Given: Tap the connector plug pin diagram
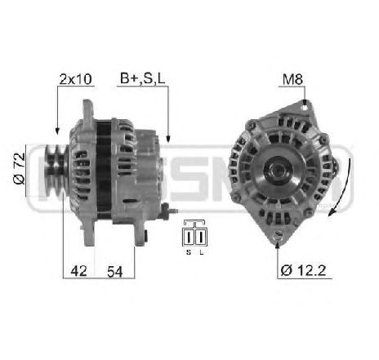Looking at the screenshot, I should pos(194,234).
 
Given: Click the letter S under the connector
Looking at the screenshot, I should pos(189,252).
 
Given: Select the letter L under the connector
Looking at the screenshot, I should pos(200,252).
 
